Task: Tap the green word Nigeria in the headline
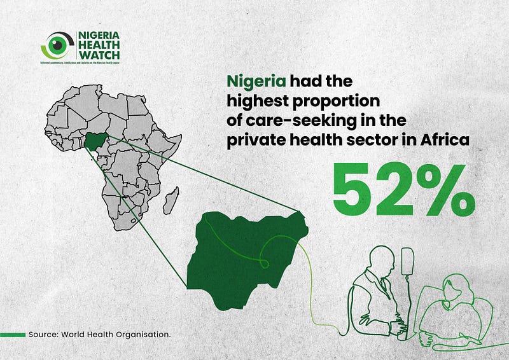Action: (x=256, y=81)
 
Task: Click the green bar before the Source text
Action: (x=13, y=334)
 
